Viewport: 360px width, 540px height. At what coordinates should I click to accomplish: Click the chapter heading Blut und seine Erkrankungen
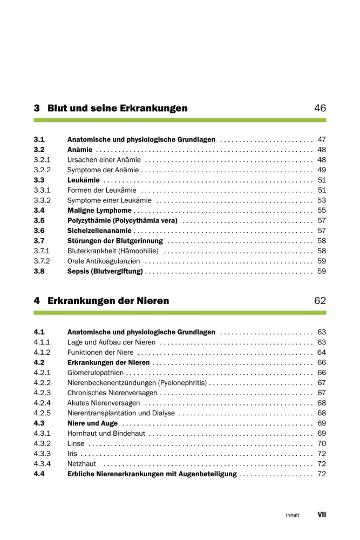coord(117,109)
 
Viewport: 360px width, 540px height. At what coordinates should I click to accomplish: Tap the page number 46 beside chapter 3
coord(320,109)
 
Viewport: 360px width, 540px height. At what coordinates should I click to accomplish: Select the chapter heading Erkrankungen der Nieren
coord(108,301)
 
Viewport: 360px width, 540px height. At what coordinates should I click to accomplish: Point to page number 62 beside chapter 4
coord(320,301)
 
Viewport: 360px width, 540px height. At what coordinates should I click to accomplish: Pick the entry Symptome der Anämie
coord(102,170)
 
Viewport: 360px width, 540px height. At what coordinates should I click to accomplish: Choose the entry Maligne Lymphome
coord(99,211)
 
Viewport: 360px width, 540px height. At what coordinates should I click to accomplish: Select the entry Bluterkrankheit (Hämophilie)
coord(113,251)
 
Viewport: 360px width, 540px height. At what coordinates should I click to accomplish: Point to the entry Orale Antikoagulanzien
coord(104,261)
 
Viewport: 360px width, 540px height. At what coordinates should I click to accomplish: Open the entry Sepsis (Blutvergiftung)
coord(105,271)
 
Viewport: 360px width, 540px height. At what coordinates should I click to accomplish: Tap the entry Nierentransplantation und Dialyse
coord(121,413)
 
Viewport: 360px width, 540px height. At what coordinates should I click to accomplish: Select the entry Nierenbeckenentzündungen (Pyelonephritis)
coord(137,383)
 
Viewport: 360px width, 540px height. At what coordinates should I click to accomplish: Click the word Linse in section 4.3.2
coord(76,443)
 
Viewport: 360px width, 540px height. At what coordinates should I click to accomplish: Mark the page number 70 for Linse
coord(322,443)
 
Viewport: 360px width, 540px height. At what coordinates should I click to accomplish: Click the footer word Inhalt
coord(293,515)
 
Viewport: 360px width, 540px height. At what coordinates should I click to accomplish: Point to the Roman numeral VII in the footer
coord(322,515)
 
